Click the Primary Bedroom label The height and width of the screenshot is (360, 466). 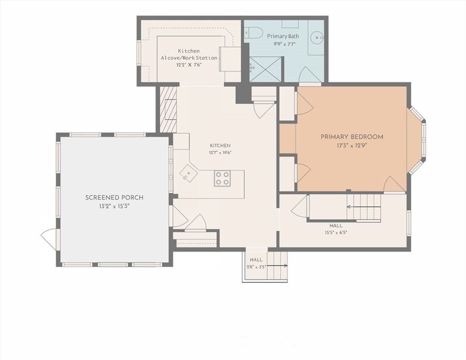(352, 137)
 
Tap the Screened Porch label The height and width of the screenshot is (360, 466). (114, 198)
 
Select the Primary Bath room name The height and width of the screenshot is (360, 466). (283, 36)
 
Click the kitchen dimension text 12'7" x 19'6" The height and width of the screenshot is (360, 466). (220, 153)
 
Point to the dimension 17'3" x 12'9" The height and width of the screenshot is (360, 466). (352, 146)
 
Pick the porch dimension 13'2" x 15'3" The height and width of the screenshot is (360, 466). (114, 206)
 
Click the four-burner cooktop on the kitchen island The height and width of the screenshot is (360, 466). (222, 178)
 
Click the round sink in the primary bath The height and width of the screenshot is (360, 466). (317, 38)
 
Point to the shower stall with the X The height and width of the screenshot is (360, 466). (265, 69)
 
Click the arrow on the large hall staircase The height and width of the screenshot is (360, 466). (364, 207)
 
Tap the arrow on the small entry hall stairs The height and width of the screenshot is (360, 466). (277, 266)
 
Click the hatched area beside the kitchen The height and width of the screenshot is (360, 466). (168, 109)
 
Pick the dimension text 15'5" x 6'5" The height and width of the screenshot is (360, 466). (336, 233)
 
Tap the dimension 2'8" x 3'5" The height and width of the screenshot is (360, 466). (256, 267)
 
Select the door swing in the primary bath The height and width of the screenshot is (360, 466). (309, 74)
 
